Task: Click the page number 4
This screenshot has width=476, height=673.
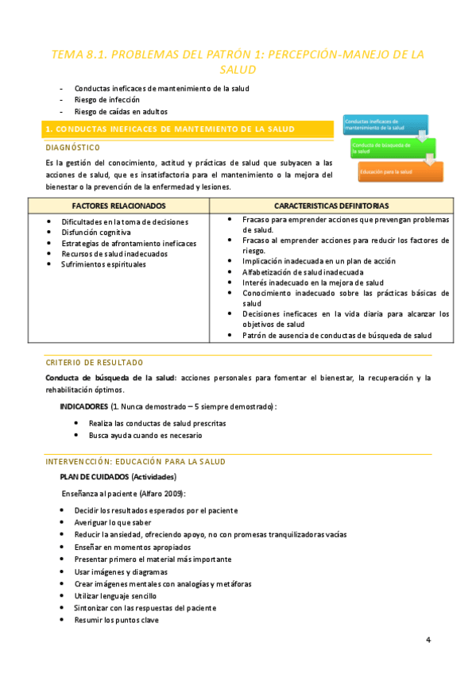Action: (x=428, y=640)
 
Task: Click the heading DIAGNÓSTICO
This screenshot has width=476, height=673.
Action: (x=72, y=148)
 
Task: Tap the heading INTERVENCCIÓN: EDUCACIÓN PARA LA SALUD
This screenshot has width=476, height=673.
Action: (x=135, y=461)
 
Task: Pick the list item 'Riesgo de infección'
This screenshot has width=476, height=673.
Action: (x=106, y=100)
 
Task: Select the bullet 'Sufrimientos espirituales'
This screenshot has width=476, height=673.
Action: (x=103, y=264)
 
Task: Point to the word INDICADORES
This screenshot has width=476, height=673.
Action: (x=84, y=406)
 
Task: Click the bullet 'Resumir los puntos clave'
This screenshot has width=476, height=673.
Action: (x=116, y=619)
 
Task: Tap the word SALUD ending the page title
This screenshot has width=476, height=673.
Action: (x=238, y=71)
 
